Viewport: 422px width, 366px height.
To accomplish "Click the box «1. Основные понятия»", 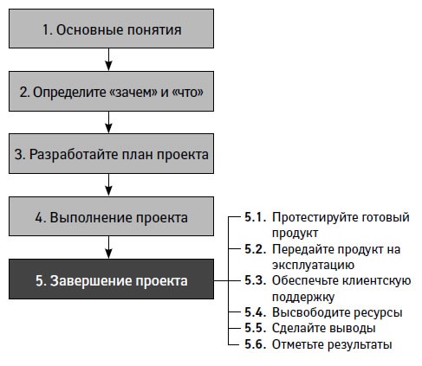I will click(111, 29).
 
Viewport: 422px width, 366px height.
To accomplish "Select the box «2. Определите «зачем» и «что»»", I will click(111, 91).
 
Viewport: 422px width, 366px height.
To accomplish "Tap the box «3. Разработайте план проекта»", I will click(111, 154).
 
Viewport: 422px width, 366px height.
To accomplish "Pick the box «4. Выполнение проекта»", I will click(111, 216).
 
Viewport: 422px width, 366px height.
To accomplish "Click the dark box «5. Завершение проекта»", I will click(111, 280).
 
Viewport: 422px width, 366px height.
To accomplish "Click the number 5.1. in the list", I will click(256, 217).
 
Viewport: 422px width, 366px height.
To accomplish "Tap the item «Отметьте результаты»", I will click(332, 344).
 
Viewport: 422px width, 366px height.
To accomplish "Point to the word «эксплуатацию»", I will click(312, 265).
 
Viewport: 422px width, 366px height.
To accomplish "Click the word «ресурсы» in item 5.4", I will click(376, 312).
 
